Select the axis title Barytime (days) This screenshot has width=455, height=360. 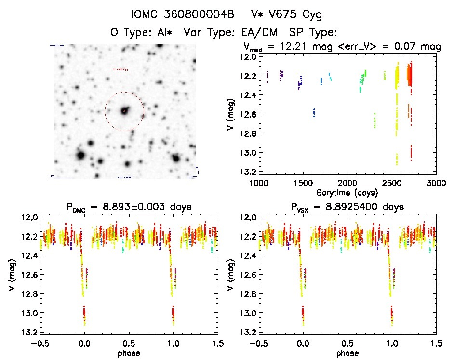tap(347, 192)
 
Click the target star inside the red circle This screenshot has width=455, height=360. tap(124, 111)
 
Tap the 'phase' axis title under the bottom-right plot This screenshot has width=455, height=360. tap(347, 352)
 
